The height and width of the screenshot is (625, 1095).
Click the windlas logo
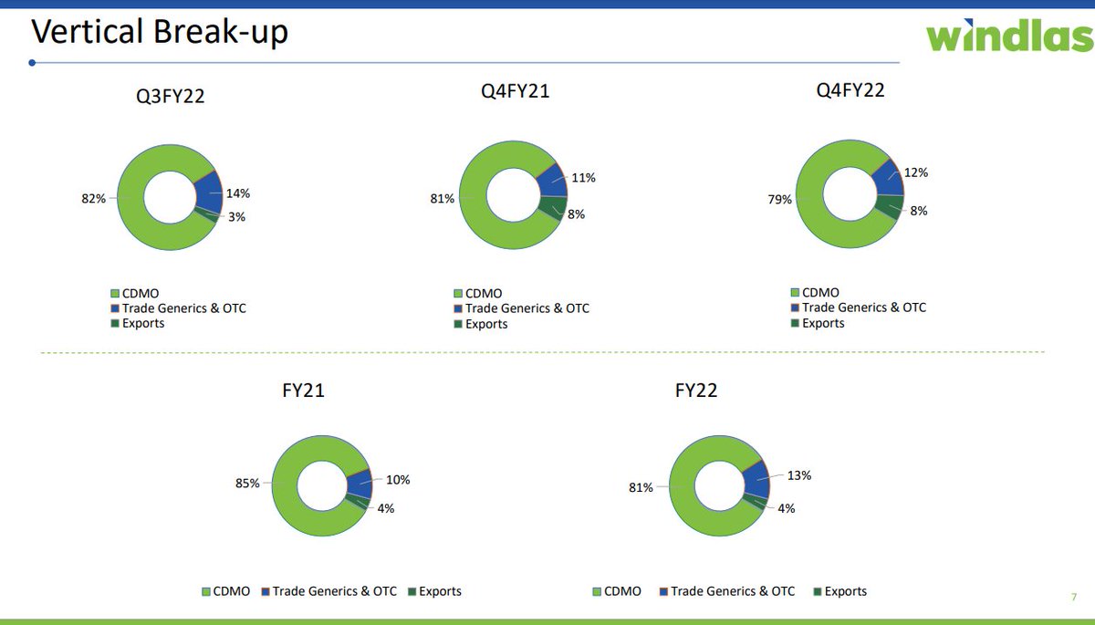pyautogui.click(x=1008, y=36)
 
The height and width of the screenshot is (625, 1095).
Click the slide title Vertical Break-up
pyautogui.click(x=160, y=33)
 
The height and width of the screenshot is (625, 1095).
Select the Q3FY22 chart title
pyautogui.click(x=164, y=96)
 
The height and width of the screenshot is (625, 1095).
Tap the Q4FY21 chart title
pyautogui.click(x=515, y=91)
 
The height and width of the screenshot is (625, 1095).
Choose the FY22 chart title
pyautogui.click(x=695, y=391)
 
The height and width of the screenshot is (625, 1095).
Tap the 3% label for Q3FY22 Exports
pyautogui.click(x=237, y=217)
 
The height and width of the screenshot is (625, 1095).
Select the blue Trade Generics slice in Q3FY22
pyautogui.click(x=209, y=192)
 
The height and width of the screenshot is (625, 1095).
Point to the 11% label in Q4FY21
pyautogui.click(x=583, y=178)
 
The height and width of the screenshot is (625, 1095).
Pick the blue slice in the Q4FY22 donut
pyautogui.click(x=888, y=178)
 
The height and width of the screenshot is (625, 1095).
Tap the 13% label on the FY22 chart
pyautogui.click(x=799, y=475)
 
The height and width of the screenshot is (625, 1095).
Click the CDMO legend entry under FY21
pyautogui.click(x=225, y=591)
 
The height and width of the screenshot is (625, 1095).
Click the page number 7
pyautogui.click(x=1073, y=598)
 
